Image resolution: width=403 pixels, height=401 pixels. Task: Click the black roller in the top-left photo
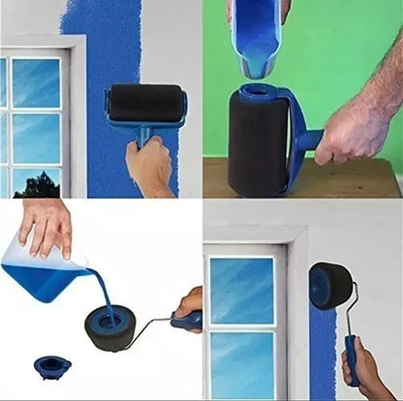[x=145, y=102]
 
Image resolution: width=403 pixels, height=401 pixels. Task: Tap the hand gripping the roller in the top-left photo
[x=150, y=165]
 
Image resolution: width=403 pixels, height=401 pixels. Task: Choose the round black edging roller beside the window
[x=330, y=286]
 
